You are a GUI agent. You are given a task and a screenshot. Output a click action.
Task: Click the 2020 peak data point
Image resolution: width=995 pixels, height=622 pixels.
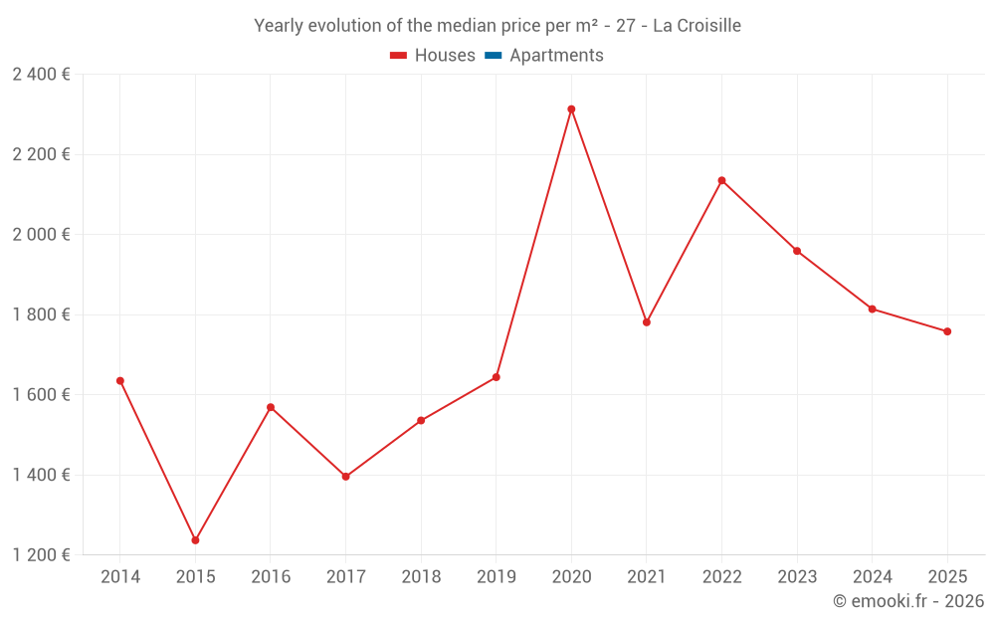pos(571,109)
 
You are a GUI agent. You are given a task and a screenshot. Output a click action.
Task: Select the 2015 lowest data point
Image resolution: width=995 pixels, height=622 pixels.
pos(195,540)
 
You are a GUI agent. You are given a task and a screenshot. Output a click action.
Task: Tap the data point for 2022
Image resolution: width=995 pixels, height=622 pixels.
pos(721,180)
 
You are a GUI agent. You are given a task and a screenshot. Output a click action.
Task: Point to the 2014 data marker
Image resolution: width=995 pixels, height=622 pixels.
pos(120,381)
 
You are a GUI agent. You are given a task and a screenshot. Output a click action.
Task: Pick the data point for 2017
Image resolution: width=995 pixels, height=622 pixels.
pos(345,477)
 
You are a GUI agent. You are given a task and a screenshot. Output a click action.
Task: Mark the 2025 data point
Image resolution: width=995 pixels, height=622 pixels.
pos(947,331)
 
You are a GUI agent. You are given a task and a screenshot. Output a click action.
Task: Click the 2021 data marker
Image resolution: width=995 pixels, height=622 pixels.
pos(647,322)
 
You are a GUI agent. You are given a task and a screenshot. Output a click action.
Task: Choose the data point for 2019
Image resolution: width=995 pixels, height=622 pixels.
pos(497,377)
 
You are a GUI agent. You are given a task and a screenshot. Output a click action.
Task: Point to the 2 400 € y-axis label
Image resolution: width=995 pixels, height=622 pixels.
pos(42,75)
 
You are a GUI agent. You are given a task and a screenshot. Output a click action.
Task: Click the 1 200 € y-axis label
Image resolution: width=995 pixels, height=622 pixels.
pos(42,555)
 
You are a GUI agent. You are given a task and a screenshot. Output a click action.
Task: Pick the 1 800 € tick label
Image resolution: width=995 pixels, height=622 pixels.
pos(42,314)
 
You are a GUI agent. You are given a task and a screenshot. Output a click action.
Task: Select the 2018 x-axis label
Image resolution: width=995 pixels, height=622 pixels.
pos(421,577)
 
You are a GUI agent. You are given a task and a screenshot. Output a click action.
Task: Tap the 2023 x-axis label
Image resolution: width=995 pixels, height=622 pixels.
pos(797,577)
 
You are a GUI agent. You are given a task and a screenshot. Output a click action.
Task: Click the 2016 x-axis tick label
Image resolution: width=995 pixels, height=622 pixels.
pos(271,577)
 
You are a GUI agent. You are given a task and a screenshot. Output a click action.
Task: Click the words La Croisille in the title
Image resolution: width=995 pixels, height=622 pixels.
pos(696,26)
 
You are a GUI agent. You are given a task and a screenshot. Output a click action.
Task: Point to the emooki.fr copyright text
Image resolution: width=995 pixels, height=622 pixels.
pos(908,601)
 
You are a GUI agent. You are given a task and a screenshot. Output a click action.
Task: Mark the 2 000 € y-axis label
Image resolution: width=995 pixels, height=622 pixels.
pos(42,235)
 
